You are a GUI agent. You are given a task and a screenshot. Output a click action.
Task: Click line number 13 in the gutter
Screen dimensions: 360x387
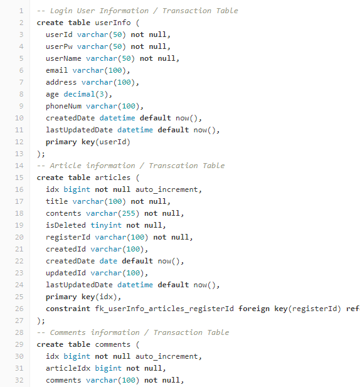point(19,154)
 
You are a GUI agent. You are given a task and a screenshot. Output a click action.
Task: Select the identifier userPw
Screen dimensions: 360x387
point(59,46)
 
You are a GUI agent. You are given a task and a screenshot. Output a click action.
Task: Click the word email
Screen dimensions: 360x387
point(56,70)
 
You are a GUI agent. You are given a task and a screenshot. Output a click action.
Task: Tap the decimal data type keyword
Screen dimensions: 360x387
point(79,94)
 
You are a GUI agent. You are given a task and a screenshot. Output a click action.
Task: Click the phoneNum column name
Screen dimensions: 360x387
point(64,106)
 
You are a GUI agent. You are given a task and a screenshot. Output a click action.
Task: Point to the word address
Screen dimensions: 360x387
point(61,82)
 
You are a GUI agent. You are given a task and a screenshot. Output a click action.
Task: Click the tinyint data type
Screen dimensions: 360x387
point(106,225)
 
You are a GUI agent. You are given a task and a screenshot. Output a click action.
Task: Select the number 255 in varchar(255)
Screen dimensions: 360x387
point(129,213)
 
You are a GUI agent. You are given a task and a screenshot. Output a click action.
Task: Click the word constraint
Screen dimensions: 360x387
point(68,309)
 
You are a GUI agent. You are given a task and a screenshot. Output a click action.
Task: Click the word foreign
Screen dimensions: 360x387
point(254,309)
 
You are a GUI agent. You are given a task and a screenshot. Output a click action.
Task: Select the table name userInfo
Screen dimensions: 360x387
point(113,23)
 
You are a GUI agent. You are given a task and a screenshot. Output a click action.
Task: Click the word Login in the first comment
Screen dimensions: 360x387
point(61,11)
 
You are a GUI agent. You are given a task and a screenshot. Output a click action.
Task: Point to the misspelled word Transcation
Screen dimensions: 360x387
point(173,166)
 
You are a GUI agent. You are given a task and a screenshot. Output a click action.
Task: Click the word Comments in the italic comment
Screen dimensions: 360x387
point(68,332)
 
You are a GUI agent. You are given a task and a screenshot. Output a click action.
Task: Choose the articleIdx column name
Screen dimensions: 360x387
point(68,368)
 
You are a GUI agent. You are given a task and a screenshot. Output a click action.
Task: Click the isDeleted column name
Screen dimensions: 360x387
point(66,225)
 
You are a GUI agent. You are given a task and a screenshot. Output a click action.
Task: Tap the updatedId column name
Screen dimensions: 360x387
point(66,273)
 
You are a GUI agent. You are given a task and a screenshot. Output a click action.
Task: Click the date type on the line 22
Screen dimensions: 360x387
point(109,261)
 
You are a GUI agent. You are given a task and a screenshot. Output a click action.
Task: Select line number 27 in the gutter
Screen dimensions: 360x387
point(19,321)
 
